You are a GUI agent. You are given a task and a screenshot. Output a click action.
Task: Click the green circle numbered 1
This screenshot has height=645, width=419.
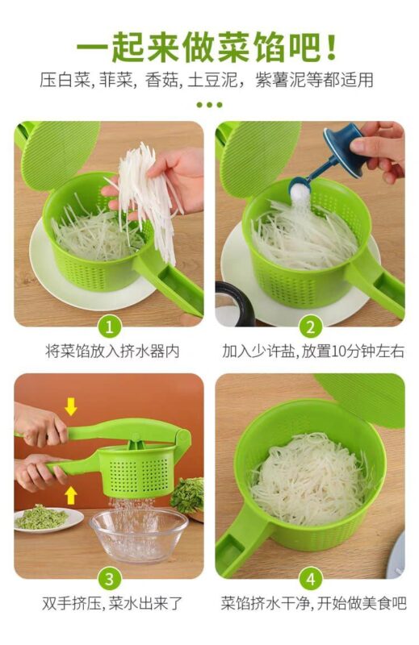point(109,327)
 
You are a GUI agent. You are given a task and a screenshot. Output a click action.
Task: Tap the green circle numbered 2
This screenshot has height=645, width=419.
point(310,327)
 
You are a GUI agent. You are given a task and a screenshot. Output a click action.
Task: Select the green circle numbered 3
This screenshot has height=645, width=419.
point(109,579)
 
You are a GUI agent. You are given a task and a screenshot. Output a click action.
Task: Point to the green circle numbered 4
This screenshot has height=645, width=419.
point(310,579)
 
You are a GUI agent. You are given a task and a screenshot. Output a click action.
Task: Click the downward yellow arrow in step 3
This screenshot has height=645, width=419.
point(71,406)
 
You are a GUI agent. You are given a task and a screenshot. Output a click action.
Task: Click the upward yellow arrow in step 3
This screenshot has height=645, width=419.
point(71,495)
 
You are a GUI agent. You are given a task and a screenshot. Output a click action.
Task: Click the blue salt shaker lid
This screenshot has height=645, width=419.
point(343,150)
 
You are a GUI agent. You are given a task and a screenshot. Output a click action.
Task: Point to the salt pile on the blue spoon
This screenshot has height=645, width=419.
point(300,190)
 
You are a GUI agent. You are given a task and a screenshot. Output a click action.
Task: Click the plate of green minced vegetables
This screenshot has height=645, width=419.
point(48,519)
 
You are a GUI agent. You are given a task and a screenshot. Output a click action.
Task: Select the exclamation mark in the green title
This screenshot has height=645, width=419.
point(331,48)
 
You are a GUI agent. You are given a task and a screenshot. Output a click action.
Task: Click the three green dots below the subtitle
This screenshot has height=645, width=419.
point(209,105)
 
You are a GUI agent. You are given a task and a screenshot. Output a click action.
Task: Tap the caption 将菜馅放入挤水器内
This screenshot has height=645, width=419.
point(112,352)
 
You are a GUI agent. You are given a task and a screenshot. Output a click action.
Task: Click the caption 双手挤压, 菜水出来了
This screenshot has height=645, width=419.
point(111,603)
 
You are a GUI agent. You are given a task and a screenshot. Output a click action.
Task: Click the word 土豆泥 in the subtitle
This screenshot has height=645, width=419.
point(212,80)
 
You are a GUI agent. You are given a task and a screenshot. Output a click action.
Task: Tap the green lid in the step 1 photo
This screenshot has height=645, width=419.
point(57,153)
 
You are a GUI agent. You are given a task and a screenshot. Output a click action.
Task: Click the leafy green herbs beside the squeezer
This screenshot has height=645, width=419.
point(188,495)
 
